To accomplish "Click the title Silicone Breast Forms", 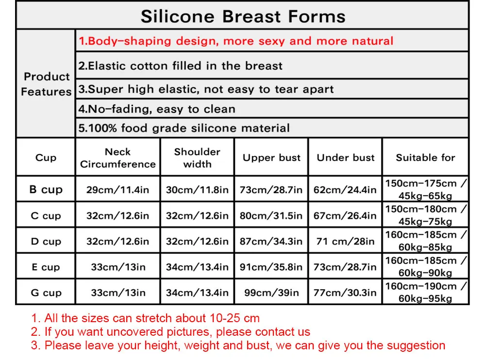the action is coord(243,16).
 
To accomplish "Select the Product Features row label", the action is coord(46,84).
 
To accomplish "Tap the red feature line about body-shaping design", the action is coord(236,41).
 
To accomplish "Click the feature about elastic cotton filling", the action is coord(181,65).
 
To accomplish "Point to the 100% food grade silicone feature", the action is coord(184,128).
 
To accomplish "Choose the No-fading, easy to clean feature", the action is coord(157,109).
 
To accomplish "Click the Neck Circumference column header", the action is coord(118,158).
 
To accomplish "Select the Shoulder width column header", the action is coord(197,158).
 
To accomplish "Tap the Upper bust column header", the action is coord(271,158).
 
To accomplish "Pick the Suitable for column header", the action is coord(426,158).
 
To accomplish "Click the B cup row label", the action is coord(46,189).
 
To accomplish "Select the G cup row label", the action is coord(46,293).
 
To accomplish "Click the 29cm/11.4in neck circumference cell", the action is coord(118,190).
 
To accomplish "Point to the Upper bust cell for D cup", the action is coord(271,241).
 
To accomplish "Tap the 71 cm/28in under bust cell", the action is coord(345,241).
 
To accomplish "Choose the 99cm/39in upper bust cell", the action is coord(271,293).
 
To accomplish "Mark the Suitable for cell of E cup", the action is coord(426,267).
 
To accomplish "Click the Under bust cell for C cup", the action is coord(345,215).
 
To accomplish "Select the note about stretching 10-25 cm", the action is coord(145,318).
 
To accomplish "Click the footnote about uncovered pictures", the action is coord(170,332).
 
